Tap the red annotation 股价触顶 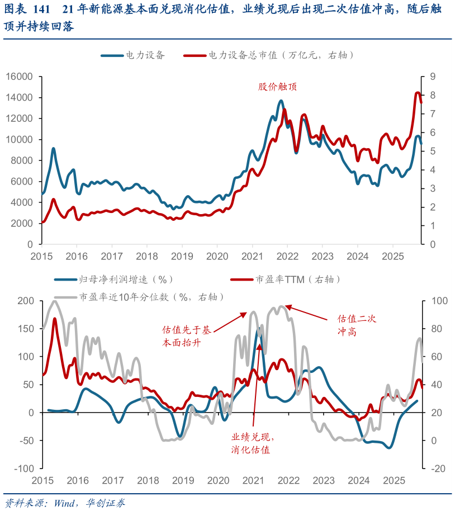pyautogui.click(x=277, y=87)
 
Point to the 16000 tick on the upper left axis pyautogui.click(x=21, y=77)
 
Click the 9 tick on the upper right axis pyautogui.click(x=432, y=77)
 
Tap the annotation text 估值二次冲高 pyautogui.click(x=357, y=325)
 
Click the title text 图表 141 pyautogui.click(x=25, y=10)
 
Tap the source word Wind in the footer pyautogui.click(x=66, y=503)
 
